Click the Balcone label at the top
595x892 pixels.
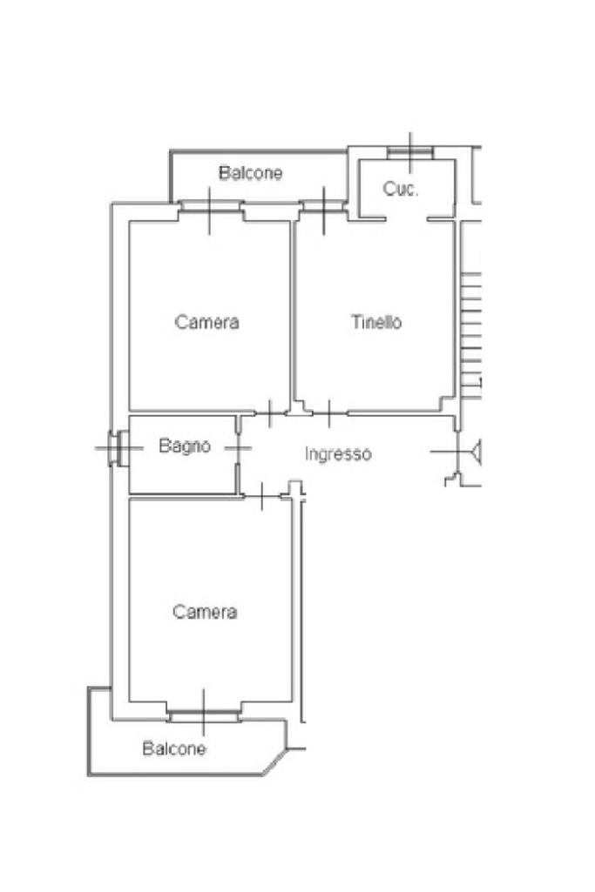click(x=251, y=173)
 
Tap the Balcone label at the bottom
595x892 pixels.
click(x=175, y=748)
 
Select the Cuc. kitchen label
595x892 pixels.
click(x=401, y=189)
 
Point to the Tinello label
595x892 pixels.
click(x=376, y=322)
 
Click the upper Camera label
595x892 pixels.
click(x=207, y=322)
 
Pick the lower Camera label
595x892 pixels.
click(x=205, y=612)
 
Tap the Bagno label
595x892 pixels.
click(x=185, y=446)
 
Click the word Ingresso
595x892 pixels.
click(x=338, y=453)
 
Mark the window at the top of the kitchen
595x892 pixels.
click(x=410, y=153)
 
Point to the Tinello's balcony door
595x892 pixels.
click(x=323, y=207)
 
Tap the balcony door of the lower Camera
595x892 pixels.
click(x=203, y=714)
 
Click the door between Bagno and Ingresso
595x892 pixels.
click(x=238, y=448)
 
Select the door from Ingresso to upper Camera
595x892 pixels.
click(x=270, y=412)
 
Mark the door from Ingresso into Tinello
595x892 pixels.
click(x=328, y=412)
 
